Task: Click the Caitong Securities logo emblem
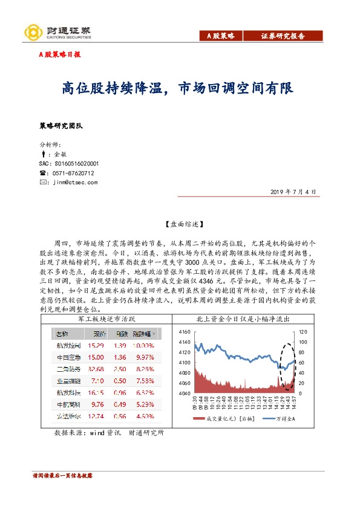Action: pyautogui.click(x=31, y=31)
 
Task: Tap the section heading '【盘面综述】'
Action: pyautogui.click(x=180, y=223)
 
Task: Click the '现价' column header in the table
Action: pyautogui.click(x=99, y=334)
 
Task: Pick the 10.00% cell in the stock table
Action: pyautogui.click(x=143, y=345)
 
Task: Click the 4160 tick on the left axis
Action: pyautogui.click(x=184, y=332)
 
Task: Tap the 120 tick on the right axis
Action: pyautogui.click(x=303, y=332)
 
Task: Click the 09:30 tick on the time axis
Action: pyautogui.click(x=195, y=404)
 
